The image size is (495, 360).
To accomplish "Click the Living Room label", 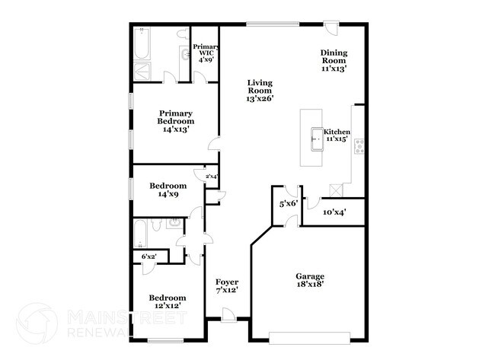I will click(259, 90).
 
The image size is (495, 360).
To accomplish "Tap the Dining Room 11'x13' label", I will click(334, 60).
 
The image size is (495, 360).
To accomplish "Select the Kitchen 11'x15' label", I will click(336, 135).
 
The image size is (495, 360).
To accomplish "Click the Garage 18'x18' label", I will click(310, 279).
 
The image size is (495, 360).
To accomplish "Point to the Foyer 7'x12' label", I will click(227, 285).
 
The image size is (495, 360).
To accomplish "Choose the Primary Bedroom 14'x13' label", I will click(175, 122).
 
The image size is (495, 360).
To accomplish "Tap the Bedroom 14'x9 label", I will click(168, 190).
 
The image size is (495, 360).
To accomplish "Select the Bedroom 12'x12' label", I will click(168, 301).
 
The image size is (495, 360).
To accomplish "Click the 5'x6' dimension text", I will click(287, 204).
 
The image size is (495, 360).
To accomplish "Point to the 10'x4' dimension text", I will click(334, 212).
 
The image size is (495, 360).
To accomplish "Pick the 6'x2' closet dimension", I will click(148, 256).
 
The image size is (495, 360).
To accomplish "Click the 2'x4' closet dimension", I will click(211, 177).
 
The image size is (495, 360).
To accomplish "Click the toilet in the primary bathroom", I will click(183, 35).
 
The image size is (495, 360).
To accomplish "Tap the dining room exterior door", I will click(331, 29).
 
